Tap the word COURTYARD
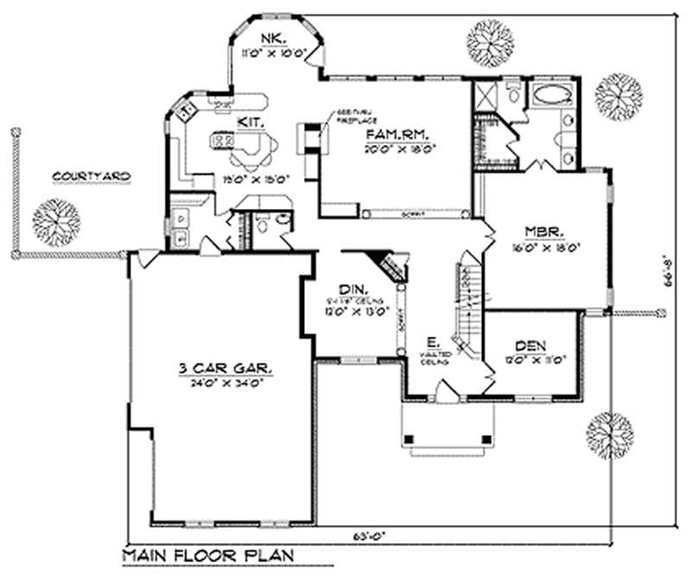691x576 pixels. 92,177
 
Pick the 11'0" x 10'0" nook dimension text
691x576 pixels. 275,52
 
